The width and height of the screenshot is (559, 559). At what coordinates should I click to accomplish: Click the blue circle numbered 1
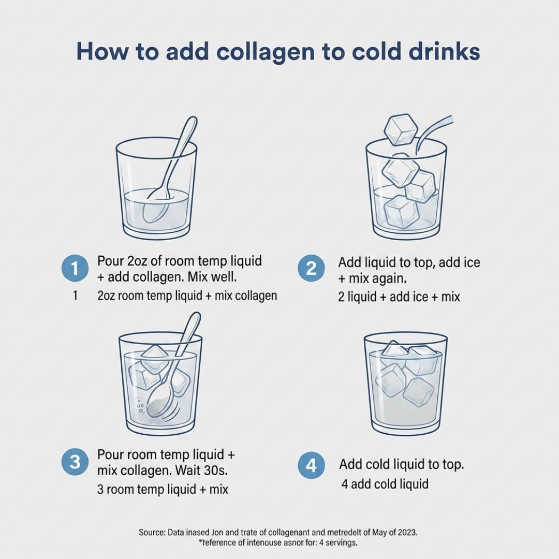click(x=75, y=269)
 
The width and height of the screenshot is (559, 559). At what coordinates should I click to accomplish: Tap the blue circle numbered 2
click(x=311, y=269)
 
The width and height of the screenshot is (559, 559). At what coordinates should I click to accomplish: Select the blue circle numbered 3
click(x=75, y=462)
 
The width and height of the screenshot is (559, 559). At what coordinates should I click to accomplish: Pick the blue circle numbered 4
click(x=311, y=465)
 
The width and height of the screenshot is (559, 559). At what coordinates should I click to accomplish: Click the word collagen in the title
click(x=266, y=52)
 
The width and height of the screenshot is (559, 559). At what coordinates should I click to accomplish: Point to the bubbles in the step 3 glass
click(x=140, y=406)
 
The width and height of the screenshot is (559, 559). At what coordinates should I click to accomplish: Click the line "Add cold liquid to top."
click(x=402, y=464)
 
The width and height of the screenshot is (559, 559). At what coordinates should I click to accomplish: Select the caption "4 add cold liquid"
click(x=385, y=484)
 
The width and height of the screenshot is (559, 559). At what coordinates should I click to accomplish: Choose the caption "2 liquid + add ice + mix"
click(x=399, y=297)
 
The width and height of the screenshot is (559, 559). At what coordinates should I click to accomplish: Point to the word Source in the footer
click(x=152, y=533)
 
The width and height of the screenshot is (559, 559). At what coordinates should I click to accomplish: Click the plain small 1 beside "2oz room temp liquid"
click(x=75, y=296)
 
